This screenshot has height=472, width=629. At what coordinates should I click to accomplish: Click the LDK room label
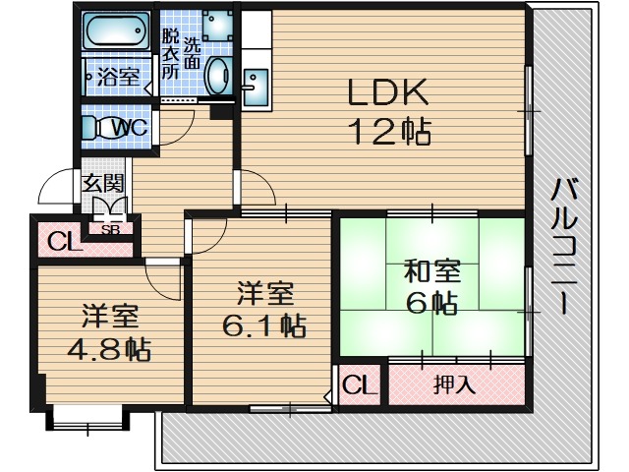(385, 93)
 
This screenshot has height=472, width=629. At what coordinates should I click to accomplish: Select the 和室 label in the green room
(432, 270)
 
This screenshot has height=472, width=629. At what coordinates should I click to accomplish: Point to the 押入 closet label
(454, 384)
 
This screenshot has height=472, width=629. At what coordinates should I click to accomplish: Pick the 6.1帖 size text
(260, 324)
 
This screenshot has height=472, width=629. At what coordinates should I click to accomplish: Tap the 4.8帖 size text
(107, 349)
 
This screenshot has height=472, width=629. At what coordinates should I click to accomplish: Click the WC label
(129, 127)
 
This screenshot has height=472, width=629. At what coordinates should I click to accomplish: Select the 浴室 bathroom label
(119, 77)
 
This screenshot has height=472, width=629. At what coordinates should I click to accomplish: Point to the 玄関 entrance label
(102, 183)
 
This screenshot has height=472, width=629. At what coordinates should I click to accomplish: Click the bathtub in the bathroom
(115, 31)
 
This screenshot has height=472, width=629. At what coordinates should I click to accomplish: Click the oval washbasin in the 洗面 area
(218, 74)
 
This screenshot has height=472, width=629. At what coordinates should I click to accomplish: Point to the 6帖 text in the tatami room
(432, 302)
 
